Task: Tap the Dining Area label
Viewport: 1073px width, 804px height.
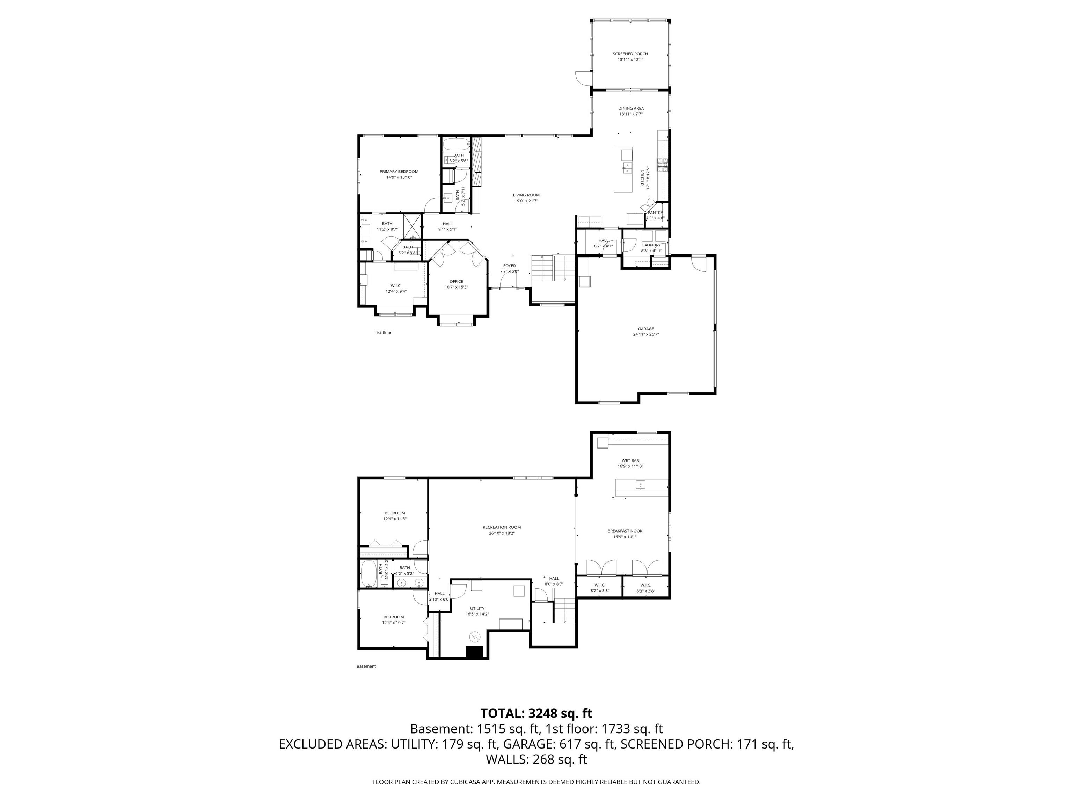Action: point(630,109)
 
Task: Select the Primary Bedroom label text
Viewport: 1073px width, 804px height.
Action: point(399,172)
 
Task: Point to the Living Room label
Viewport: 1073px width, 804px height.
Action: point(526,195)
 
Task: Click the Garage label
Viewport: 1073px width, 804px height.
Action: point(645,329)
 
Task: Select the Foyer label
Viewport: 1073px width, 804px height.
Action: point(509,266)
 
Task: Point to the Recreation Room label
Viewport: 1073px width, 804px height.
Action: point(502,527)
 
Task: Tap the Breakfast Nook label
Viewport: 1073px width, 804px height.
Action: point(625,531)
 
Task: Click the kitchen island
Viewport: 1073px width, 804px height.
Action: point(623,169)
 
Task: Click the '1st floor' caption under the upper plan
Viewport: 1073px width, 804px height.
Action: point(383,333)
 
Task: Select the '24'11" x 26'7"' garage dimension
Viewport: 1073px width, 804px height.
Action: point(645,334)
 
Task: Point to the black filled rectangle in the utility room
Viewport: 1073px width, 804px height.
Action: point(474,652)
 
